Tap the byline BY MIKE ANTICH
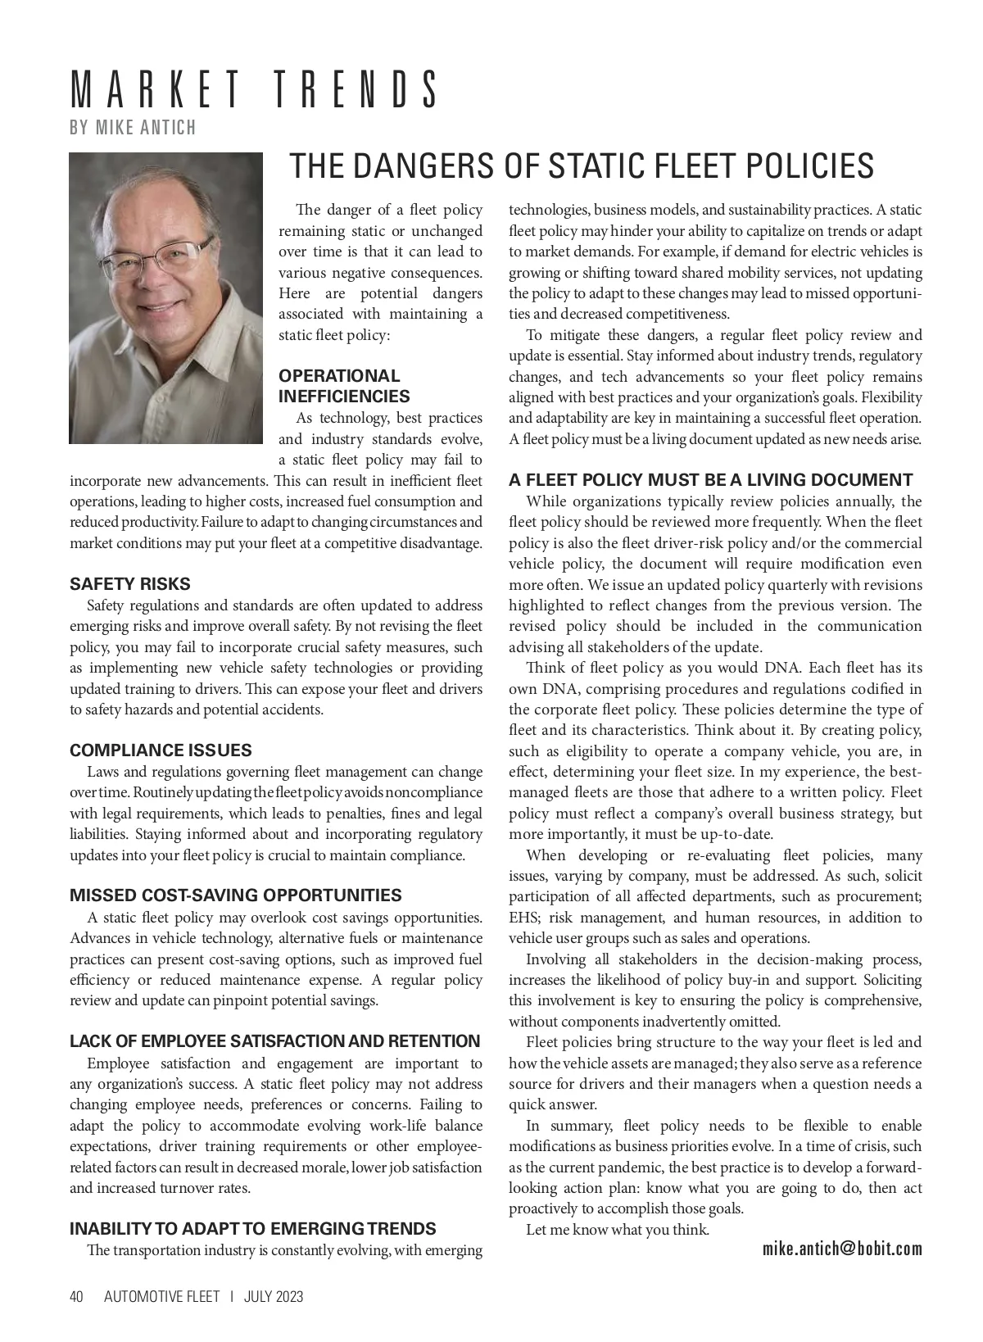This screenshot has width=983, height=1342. click(x=133, y=128)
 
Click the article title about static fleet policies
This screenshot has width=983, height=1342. click(x=582, y=166)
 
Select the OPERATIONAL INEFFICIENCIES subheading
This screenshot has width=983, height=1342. click(x=344, y=386)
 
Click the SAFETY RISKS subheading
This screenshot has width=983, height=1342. click(x=129, y=584)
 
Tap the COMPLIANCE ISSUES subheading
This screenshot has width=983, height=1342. click(x=161, y=750)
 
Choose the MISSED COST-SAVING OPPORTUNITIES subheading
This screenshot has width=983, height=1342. click(x=236, y=895)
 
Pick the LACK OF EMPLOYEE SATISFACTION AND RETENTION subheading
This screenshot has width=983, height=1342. click(x=274, y=1041)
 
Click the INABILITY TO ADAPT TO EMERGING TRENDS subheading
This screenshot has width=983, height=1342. click(x=253, y=1229)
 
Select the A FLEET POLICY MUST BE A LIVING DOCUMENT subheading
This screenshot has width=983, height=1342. click(x=710, y=480)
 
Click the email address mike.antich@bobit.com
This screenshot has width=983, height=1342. click(x=842, y=1249)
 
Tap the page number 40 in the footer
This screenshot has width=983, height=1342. click(x=77, y=1297)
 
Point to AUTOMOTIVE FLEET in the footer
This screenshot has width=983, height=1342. click(x=161, y=1297)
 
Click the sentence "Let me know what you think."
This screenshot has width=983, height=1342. click(x=618, y=1229)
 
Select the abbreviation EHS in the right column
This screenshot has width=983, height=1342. click(x=523, y=918)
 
